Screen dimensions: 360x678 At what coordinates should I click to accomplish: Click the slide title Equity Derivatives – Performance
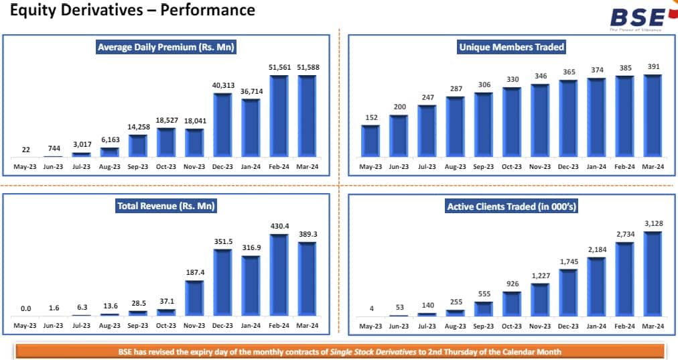133,10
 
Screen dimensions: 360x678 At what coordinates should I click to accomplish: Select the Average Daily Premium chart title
166,47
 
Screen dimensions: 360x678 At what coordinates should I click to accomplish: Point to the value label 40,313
222,86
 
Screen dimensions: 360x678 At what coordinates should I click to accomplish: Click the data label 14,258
138,127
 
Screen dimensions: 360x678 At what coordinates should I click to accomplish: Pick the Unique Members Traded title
511,47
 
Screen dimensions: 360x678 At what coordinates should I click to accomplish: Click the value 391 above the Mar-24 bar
653,67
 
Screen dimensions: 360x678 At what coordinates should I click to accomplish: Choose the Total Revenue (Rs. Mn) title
166,206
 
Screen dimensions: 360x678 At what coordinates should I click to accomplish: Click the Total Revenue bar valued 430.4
279,275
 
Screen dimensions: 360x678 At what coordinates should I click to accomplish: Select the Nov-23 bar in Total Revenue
194,298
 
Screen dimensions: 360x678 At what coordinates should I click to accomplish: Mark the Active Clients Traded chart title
511,206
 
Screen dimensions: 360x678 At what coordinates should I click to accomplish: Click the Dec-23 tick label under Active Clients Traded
568,326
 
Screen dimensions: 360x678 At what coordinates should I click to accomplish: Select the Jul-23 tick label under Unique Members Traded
427,166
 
